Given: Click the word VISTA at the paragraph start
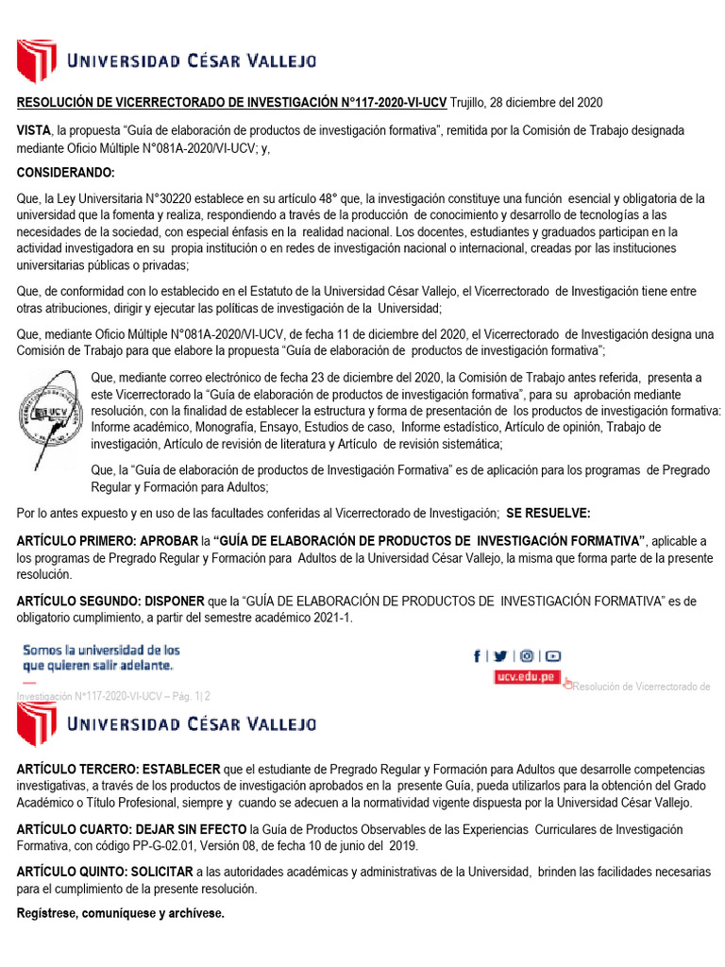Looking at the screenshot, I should tap(34, 130).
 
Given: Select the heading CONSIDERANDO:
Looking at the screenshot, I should tap(65, 173).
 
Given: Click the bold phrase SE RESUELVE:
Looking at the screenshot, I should tap(548, 513).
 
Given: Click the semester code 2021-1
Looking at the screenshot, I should tap(307, 617).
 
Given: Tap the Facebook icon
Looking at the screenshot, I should tap(477, 656).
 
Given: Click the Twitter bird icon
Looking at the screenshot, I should tap(500, 656).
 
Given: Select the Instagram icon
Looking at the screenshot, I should tap(527, 656).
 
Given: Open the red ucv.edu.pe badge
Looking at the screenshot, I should tap(527, 678).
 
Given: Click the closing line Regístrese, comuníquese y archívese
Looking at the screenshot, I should tap(121, 914).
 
